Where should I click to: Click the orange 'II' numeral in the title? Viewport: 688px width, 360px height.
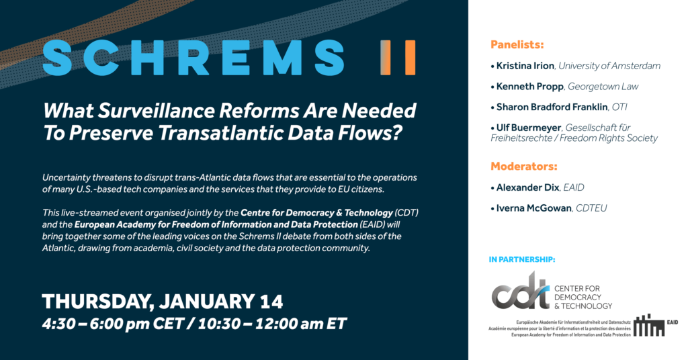pyautogui.click(x=398, y=58)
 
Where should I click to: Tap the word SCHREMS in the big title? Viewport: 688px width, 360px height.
pyautogui.click(x=193, y=58)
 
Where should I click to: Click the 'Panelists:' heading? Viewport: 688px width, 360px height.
pyautogui.click(x=517, y=45)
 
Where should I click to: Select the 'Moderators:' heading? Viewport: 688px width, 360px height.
pyautogui.click(x=524, y=167)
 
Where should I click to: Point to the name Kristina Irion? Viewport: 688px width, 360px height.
pyautogui.click(x=525, y=66)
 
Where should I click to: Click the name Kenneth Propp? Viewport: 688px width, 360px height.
pyautogui.click(x=529, y=87)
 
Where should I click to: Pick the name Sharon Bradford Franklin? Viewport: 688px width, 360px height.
pyautogui.click(x=552, y=107)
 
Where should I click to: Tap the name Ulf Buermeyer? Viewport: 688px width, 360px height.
pyautogui.click(x=529, y=128)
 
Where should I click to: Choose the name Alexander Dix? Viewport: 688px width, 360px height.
pyautogui.click(x=528, y=187)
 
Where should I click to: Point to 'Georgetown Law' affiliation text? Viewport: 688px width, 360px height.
pyautogui.click(x=603, y=87)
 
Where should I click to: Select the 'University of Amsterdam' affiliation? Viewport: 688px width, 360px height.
pyautogui.click(x=609, y=66)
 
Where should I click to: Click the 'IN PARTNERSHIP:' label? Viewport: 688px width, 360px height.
pyautogui.click(x=521, y=259)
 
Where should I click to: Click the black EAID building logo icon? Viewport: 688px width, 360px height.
pyautogui.click(x=648, y=325)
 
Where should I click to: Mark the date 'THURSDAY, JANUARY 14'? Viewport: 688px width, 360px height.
pyautogui.click(x=163, y=302)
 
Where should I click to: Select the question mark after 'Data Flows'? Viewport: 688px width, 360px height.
pyautogui.click(x=396, y=133)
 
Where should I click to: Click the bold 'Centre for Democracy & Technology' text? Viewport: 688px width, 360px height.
pyautogui.click(x=317, y=213)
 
